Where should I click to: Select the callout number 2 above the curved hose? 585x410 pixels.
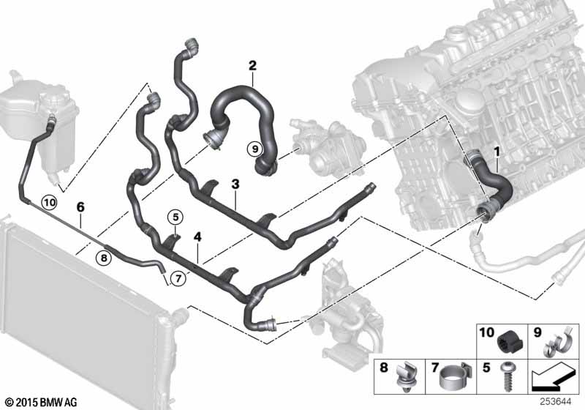point(252,67)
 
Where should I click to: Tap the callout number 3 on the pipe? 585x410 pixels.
point(235,184)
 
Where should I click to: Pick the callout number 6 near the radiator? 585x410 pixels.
point(80,207)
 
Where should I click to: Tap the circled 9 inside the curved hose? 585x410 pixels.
point(254,149)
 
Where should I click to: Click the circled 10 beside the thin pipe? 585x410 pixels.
point(49,201)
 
